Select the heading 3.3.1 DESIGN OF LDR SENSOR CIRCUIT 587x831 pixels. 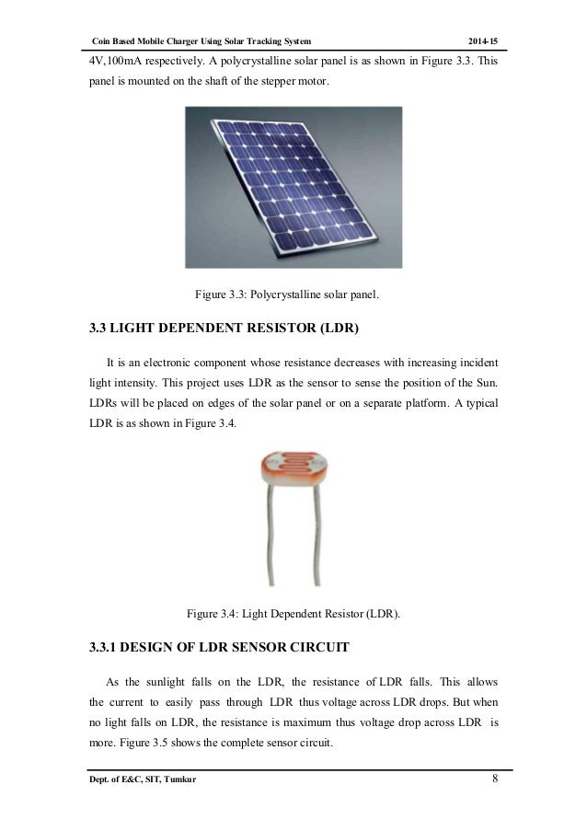tap(219, 649)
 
